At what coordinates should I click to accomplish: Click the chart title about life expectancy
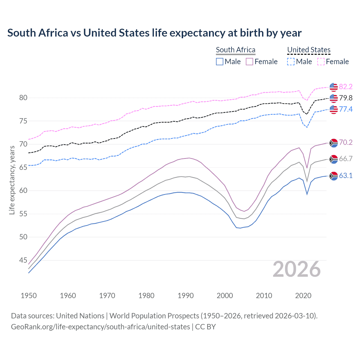[154, 33]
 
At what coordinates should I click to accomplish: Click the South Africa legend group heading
[235, 50]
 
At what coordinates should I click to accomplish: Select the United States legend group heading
[309, 50]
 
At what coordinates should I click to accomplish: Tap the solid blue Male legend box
[220, 62]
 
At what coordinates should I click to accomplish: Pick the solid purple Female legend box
[249, 62]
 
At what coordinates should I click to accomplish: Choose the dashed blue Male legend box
[291, 62]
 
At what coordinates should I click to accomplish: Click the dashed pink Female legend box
[321, 62]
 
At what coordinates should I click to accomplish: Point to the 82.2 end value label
[346, 87]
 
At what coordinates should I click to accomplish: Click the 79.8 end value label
[346, 98]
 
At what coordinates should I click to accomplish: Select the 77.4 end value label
[346, 109]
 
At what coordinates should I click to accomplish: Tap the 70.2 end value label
[346, 142]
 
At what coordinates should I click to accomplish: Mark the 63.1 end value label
[346, 175]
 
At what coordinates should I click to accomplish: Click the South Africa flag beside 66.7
[334, 159]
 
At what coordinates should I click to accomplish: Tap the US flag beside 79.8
[334, 98]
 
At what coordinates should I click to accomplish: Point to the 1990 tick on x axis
[186, 296]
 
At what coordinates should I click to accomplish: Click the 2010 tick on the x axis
[264, 296]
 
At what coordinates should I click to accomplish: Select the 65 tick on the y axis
[23, 167]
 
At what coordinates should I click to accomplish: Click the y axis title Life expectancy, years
[12, 180]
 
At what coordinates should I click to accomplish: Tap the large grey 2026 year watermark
[296, 269]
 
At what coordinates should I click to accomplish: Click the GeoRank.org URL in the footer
[100, 327]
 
